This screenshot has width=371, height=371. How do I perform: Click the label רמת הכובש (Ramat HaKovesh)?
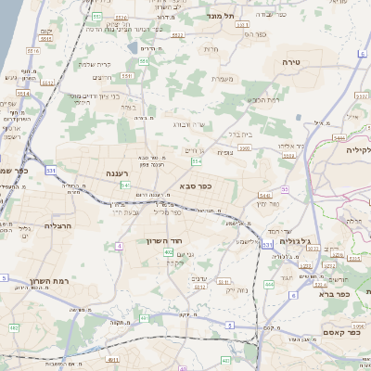pos(263,99)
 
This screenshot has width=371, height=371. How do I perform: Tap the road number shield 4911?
pos(112,359)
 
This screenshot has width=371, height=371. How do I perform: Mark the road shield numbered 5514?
pos(22,92)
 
